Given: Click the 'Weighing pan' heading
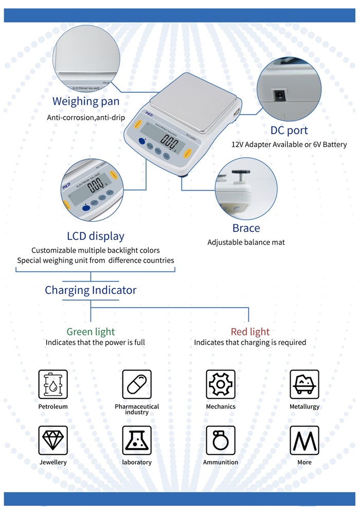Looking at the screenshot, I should pos(86,101).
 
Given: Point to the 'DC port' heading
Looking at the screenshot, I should pos(289,131).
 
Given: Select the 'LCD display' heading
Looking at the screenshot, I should pos(96,236).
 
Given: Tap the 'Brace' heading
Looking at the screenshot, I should pos(246,228).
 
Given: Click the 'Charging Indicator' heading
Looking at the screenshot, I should pos(91,290).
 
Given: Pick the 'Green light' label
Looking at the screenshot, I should pos(91,332).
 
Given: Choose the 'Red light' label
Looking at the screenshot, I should pos(250,332).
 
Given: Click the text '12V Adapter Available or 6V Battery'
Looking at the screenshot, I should pos(289,145).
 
